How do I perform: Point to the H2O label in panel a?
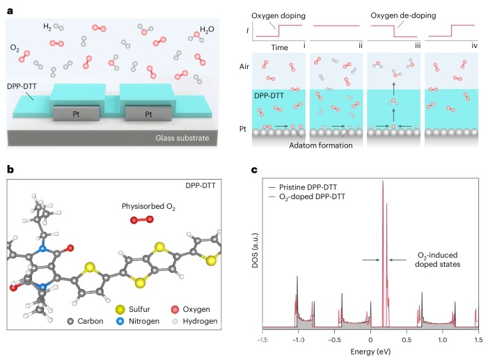tap(207, 31)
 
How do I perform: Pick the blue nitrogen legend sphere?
tap(112, 321)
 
